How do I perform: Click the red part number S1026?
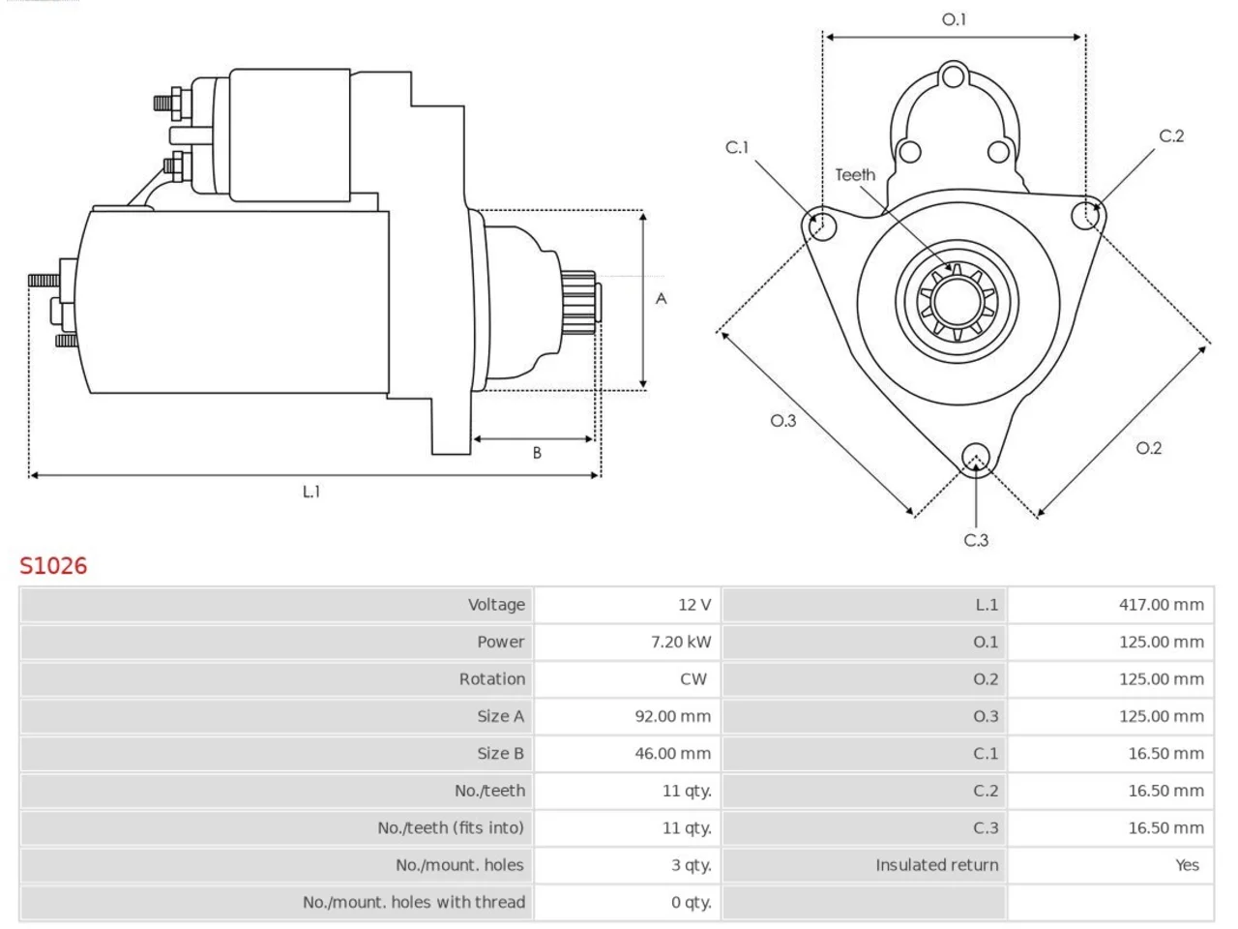(53, 566)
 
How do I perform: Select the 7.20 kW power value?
(681, 642)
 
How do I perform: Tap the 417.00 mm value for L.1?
(1162, 605)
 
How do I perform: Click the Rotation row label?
(492, 679)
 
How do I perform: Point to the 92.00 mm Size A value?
(673, 716)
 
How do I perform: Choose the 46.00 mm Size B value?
(673, 754)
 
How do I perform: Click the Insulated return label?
(937, 865)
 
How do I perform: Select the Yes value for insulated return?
(1188, 865)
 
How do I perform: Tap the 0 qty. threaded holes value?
(692, 903)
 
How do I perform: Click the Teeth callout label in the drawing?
(855, 175)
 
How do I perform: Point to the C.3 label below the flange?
(976, 540)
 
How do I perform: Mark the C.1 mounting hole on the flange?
(822, 226)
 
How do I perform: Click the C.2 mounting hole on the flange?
(1086, 215)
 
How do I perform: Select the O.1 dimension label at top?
(954, 19)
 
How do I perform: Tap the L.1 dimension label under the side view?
(311, 492)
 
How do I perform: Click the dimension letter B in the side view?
(537, 453)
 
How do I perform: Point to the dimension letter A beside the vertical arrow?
(661, 298)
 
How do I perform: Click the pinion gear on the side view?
(579, 302)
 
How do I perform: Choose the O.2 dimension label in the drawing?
(1148, 448)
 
